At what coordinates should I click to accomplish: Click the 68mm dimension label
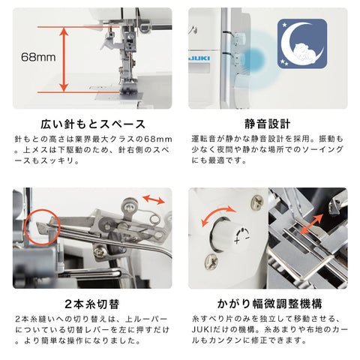[38, 57]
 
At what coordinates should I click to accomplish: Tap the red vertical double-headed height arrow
[64, 59]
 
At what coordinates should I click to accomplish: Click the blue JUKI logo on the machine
[199, 58]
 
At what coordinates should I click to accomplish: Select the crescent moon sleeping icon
[302, 43]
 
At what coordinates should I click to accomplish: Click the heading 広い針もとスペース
[93, 124]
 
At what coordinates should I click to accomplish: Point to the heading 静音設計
[268, 124]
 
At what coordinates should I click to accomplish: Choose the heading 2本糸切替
[92, 304]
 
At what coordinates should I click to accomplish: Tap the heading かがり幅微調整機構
[269, 304]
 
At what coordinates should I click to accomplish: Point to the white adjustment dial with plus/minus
[229, 235]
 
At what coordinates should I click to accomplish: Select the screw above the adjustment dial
[257, 201]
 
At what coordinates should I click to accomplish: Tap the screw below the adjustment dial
[211, 262]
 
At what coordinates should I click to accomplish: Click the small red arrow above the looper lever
[154, 199]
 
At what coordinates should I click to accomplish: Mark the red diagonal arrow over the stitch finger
[311, 224]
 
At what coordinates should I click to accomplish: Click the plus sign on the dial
[237, 241]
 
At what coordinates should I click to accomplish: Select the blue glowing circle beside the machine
[253, 59]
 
